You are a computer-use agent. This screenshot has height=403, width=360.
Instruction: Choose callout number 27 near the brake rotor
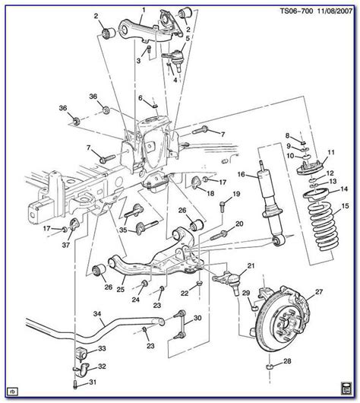(319, 290)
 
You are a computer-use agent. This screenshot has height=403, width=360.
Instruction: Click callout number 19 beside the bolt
(236, 195)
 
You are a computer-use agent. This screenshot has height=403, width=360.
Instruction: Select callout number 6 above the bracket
(141, 97)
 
